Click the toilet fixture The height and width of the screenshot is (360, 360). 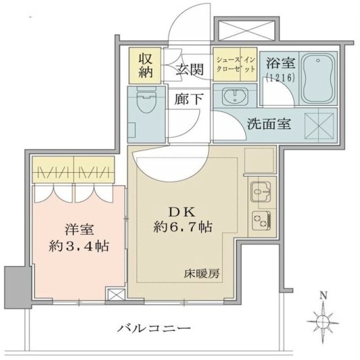click(x=146, y=100)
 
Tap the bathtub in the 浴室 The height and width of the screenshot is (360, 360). click(x=318, y=79)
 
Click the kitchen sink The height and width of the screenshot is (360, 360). click(x=261, y=191)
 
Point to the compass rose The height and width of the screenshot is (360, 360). click(x=323, y=321)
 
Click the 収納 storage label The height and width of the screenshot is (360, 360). click(x=146, y=65)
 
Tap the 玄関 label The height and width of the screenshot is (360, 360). click(x=189, y=70)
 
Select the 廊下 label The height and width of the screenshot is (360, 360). click(x=189, y=99)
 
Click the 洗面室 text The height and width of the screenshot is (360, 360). click(x=269, y=124)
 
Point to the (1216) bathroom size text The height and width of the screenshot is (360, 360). click(x=281, y=77)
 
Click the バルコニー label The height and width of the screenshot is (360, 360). click(x=154, y=329)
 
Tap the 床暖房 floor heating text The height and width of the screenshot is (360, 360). click(x=202, y=274)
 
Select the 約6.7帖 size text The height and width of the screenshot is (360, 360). click(x=182, y=227)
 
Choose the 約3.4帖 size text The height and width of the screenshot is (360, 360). click(x=79, y=246)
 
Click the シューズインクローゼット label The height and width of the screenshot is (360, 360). click(x=235, y=64)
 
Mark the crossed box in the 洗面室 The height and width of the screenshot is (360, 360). click(x=319, y=126)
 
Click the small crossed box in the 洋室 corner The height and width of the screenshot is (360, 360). click(x=116, y=294)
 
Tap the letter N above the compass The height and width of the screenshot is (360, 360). click(x=323, y=296)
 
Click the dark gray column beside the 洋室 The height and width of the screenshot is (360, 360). click(x=18, y=288)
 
